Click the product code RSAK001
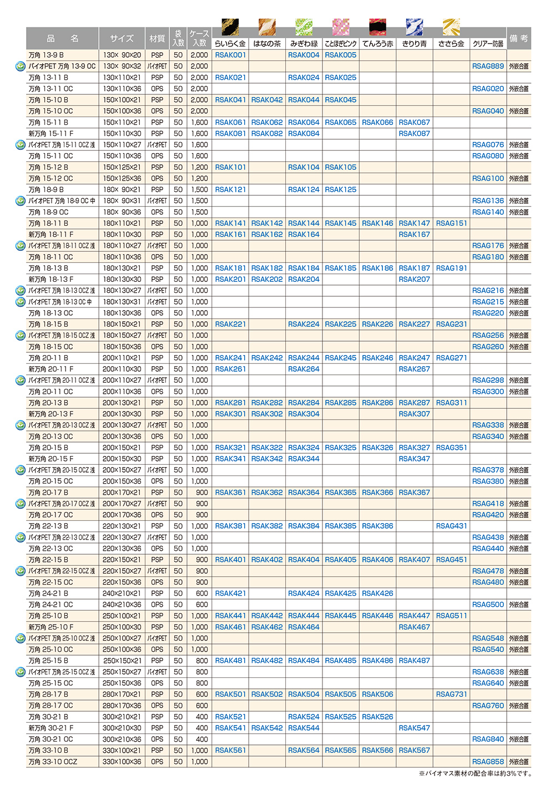[230, 55]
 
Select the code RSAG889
[488, 66]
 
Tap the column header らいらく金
[230, 43]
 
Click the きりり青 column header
[414, 43]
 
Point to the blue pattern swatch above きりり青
[414, 27]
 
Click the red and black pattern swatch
[377, 27]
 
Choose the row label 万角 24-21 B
[48, 594]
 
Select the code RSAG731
[451, 694]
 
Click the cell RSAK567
[414, 751]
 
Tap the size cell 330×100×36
[122, 762]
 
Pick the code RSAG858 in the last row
[488, 762]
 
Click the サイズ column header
[122, 38]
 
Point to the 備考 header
[518, 38]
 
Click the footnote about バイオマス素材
[475, 774]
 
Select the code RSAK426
[377, 594]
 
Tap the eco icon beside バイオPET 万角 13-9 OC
[21, 66]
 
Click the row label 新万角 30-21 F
[51, 728]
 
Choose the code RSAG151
[451, 223]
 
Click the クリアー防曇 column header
[488, 43]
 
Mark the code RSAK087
[414, 134]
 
